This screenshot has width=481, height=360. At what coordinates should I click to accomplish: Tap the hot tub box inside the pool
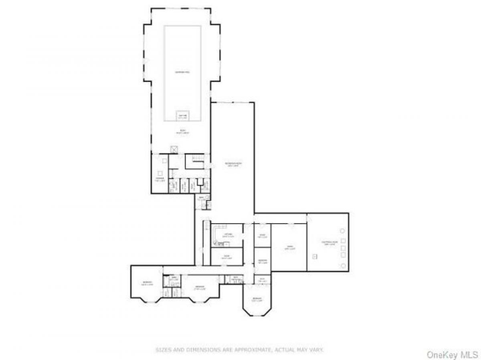(182, 116)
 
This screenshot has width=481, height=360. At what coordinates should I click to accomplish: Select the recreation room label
(233, 165)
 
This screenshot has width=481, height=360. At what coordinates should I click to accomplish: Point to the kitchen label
(228, 235)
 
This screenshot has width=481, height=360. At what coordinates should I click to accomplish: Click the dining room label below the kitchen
(226, 257)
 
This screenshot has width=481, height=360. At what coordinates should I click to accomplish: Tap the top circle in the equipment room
(343, 231)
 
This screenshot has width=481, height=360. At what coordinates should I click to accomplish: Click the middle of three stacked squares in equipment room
(343, 248)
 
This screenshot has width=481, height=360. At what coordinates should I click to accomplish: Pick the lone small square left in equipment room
(315, 256)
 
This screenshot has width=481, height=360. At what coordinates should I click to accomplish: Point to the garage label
(289, 248)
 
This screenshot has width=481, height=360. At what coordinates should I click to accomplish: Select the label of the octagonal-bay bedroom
(257, 299)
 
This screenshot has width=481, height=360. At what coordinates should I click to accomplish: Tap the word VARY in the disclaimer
(317, 350)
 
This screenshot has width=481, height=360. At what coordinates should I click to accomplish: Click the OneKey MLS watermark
(452, 354)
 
